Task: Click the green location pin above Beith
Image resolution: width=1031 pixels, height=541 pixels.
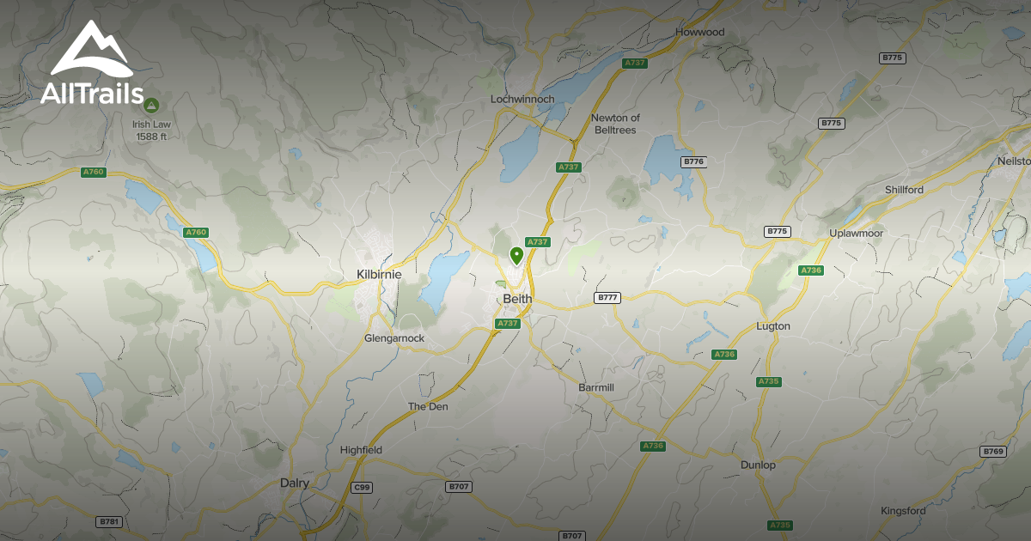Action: click(516, 255)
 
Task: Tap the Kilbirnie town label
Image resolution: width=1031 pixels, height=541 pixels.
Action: click(379, 274)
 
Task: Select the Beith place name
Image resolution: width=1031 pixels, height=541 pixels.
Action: click(517, 299)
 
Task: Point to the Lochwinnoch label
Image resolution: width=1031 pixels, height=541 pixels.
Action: click(522, 100)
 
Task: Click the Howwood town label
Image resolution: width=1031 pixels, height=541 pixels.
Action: click(699, 33)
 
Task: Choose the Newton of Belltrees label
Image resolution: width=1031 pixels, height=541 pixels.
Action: click(616, 124)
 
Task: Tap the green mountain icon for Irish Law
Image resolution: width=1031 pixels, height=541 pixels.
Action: click(151, 105)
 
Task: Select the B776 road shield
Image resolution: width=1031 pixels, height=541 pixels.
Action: click(692, 161)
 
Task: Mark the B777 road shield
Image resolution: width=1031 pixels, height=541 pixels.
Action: click(607, 298)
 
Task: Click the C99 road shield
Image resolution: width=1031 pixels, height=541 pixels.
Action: click(363, 487)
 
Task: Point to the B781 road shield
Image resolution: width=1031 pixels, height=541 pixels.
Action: click(107, 521)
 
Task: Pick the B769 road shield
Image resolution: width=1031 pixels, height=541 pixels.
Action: click(993, 451)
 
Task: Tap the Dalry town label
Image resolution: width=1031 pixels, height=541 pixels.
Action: click(295, 483)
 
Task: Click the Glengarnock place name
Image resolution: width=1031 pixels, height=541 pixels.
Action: click(394, 338)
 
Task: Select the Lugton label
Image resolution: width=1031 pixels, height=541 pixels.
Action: click(772, 326)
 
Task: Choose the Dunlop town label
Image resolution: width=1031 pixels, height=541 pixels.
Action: click(758, 465)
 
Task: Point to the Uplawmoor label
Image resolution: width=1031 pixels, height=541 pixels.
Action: click(856, 234)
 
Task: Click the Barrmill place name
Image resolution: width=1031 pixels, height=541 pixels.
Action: click(596, 387)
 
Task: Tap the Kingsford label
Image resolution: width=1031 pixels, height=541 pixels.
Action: click(903, 511)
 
